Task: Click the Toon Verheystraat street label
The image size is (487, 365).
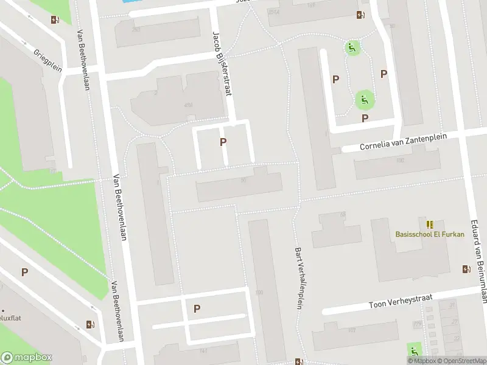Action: (401, 301)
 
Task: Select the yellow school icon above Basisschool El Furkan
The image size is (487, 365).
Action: (430, 224)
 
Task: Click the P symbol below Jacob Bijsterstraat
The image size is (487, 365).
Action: (223, 142)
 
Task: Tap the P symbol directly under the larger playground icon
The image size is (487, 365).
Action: (365, 118)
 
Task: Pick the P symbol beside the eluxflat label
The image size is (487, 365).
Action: (24, 272)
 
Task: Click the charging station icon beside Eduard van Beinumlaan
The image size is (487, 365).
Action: (466, 269)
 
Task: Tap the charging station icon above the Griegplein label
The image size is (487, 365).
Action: (55, 19)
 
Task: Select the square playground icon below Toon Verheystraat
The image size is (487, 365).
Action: (415, 350)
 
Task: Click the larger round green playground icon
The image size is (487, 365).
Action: (365, 99)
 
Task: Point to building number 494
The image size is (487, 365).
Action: (188, 105)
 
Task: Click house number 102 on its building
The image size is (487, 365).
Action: (400, 161)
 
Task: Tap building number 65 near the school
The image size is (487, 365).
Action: (342, 215)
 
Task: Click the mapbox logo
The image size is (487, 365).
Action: (27, 358)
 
